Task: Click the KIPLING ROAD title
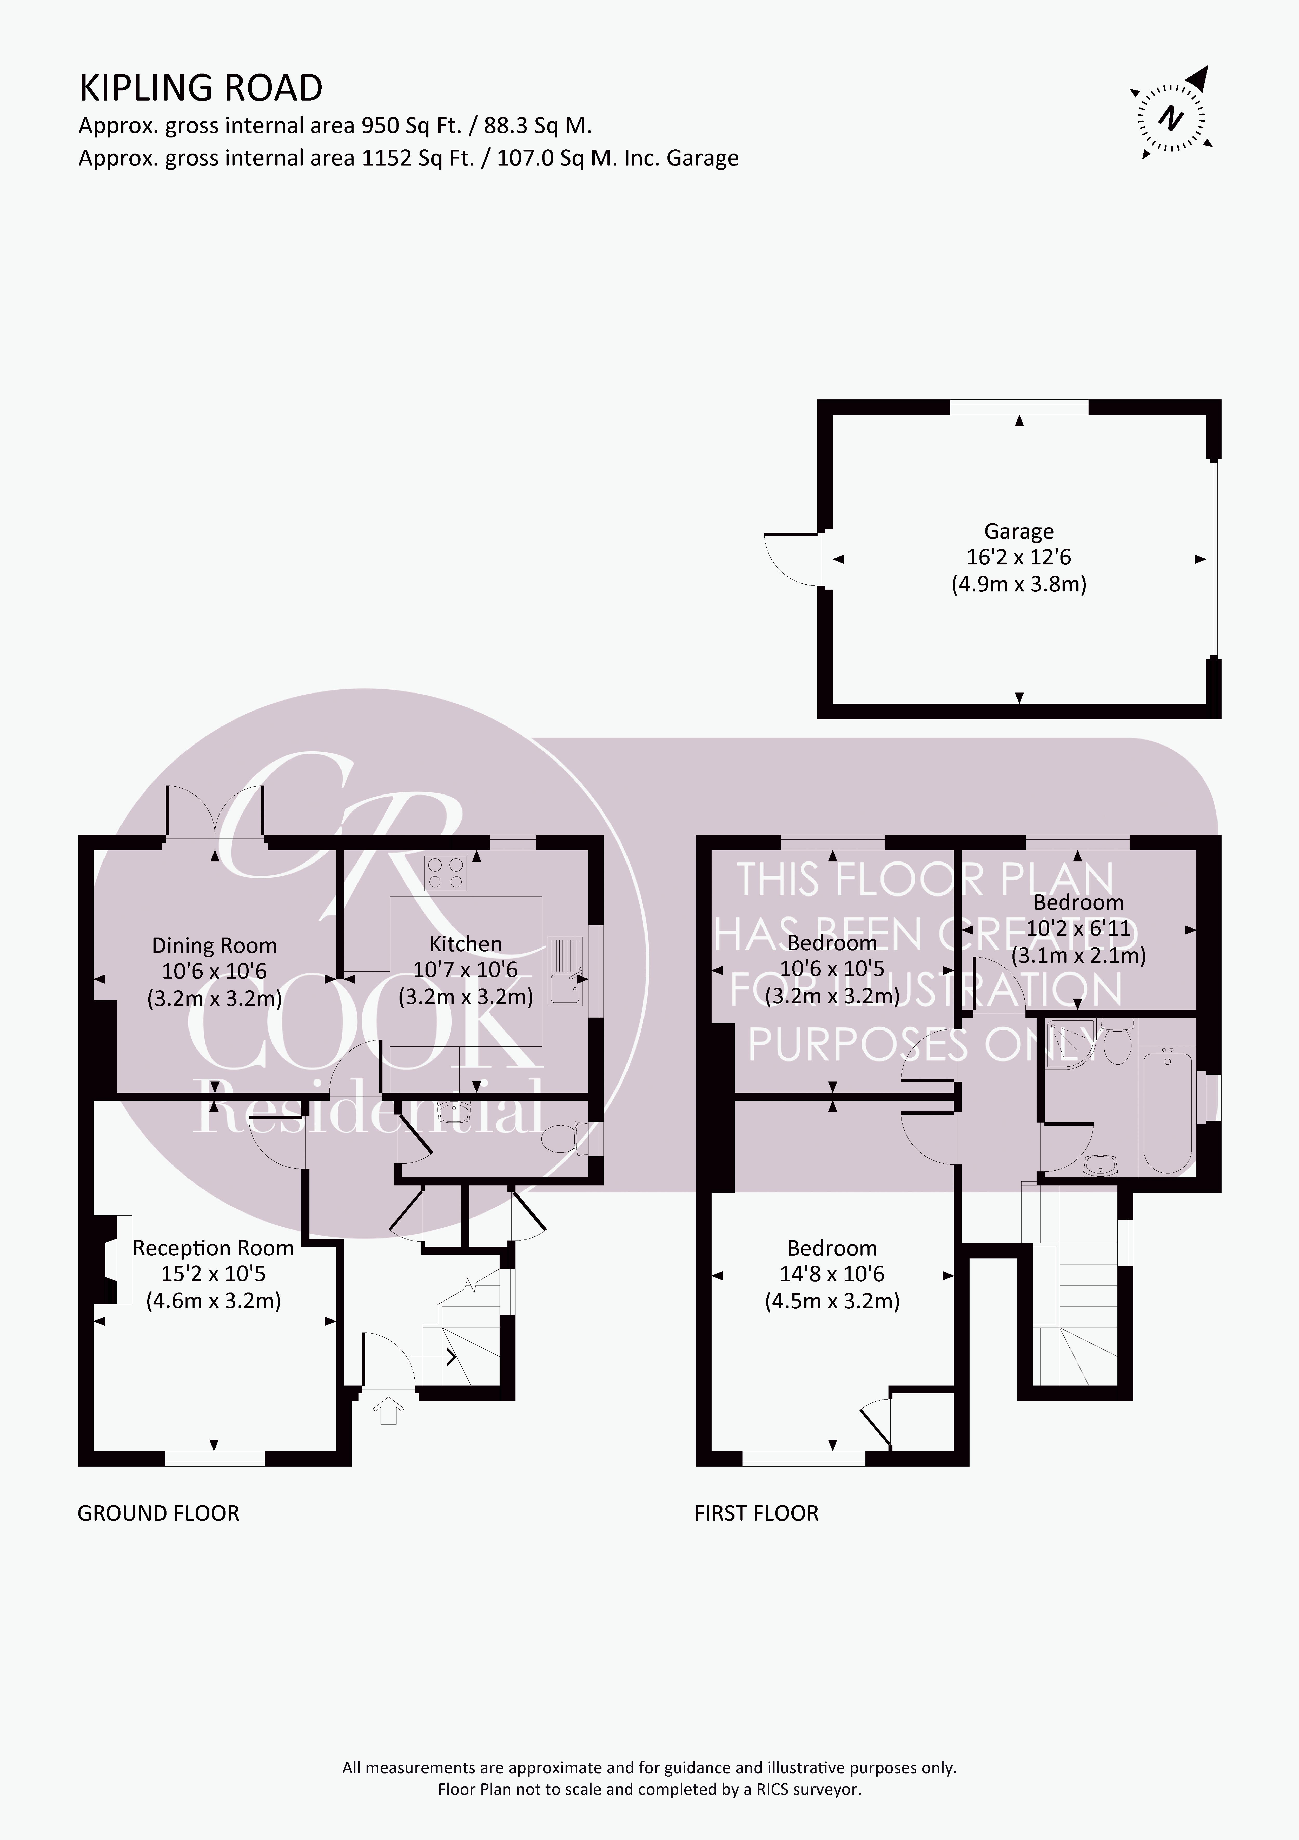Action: [200, 88]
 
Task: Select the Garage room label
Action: [1018, 531]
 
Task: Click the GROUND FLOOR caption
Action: [158, 1513]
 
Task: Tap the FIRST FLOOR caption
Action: [757, 1513]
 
